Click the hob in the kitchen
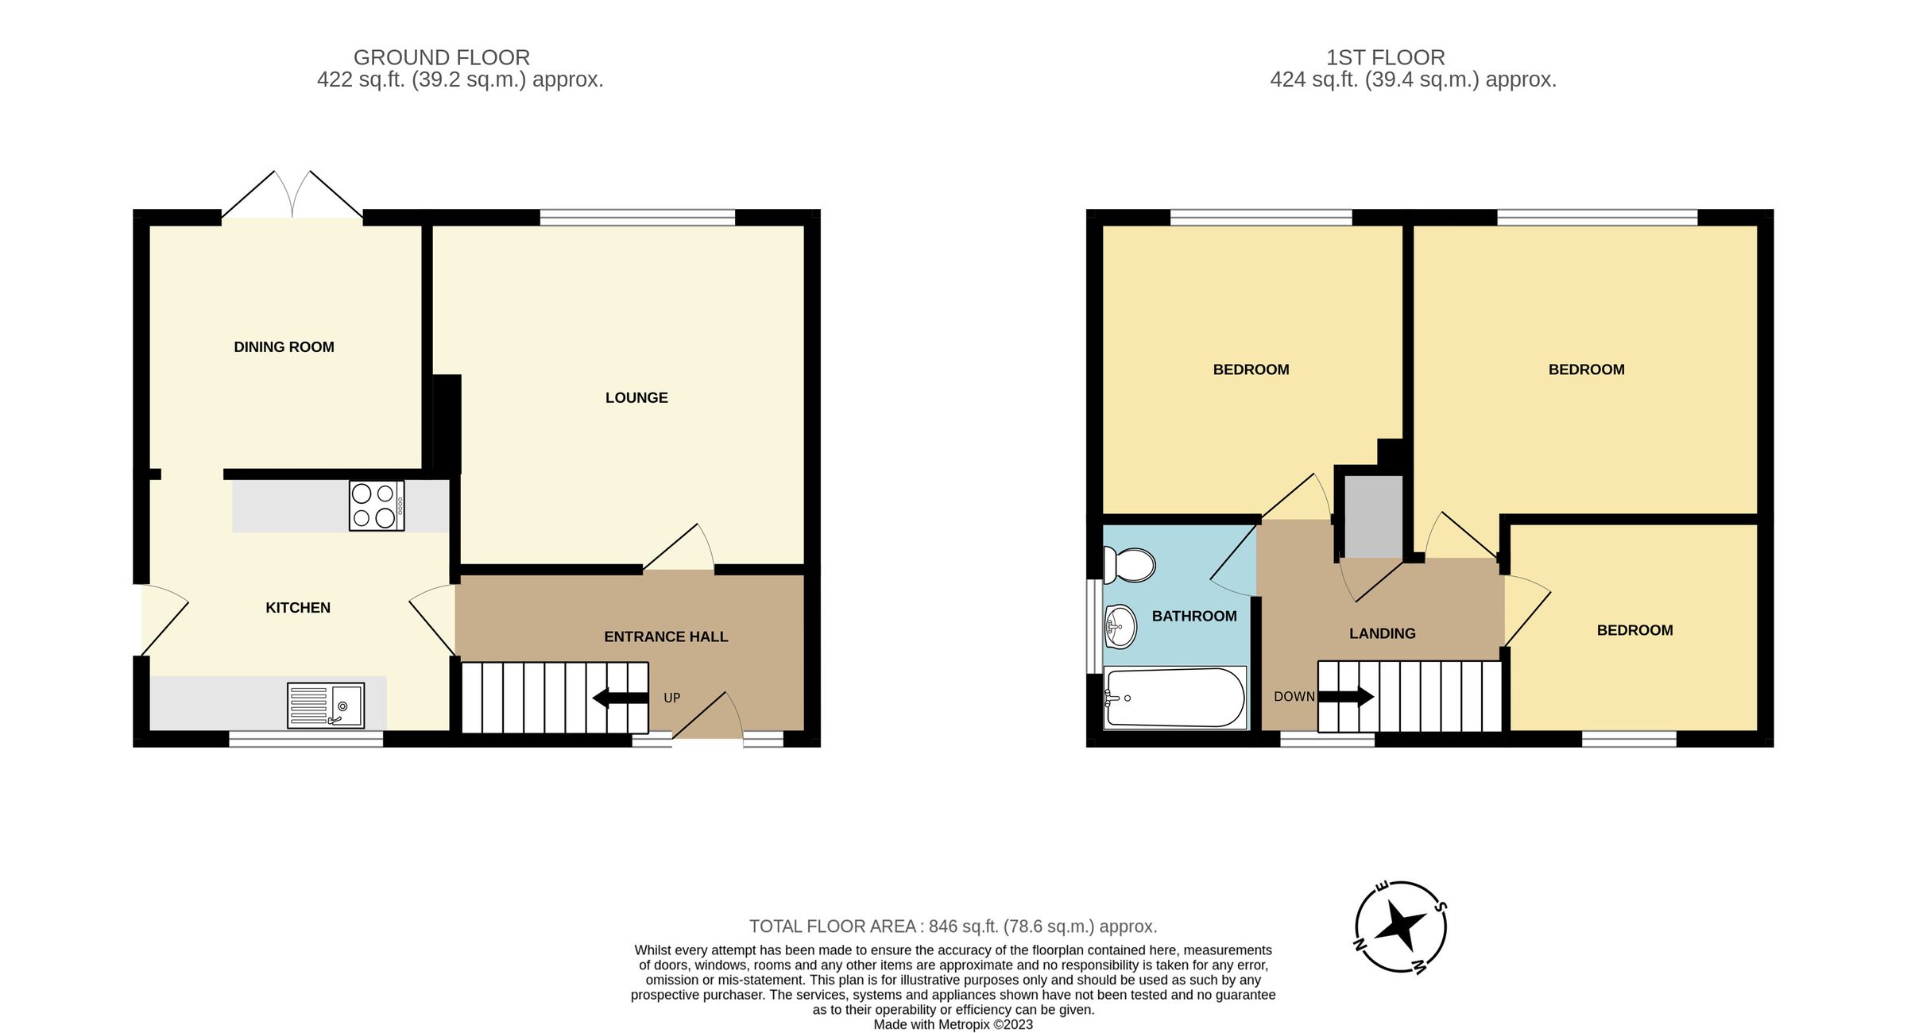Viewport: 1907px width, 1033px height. (377, 505)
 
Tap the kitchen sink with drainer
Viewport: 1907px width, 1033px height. (326, 705)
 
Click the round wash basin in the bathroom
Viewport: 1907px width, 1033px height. (1120, 626)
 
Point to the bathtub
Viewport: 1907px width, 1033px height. (1174, 698)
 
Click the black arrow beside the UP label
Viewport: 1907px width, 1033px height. (620, 698)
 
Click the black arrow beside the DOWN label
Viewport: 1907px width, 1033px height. (1346, 697)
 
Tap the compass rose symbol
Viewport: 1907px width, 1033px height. (1400, 927)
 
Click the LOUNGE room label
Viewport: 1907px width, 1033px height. (636, 398)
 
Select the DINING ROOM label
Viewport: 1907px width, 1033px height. (284, 347)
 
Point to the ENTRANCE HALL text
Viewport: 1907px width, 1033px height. (666, 636)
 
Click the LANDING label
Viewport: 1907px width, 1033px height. (1382, 633)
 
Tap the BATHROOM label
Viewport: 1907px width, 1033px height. (1194, 616)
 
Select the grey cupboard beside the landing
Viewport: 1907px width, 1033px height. (1373, 516)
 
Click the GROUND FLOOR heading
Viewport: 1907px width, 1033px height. (442, 57)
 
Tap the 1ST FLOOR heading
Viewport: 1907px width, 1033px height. (1385, 57)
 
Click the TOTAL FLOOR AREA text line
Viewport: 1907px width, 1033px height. (953, 927)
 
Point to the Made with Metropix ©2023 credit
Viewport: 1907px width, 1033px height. (953, 1024)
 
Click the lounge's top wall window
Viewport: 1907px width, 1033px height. (637, 217)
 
